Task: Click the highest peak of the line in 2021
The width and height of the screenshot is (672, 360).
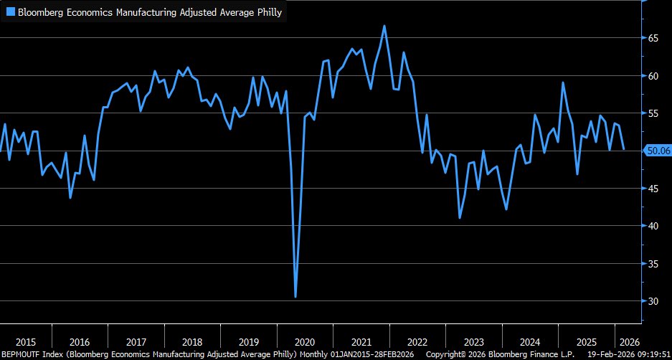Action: tap(384, 26)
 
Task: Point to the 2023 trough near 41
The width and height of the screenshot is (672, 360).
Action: tap(460, 217)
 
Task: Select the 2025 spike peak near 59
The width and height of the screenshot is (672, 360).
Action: tap(563, 82)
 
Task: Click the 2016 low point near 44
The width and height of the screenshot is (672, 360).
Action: tap(70, 198)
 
